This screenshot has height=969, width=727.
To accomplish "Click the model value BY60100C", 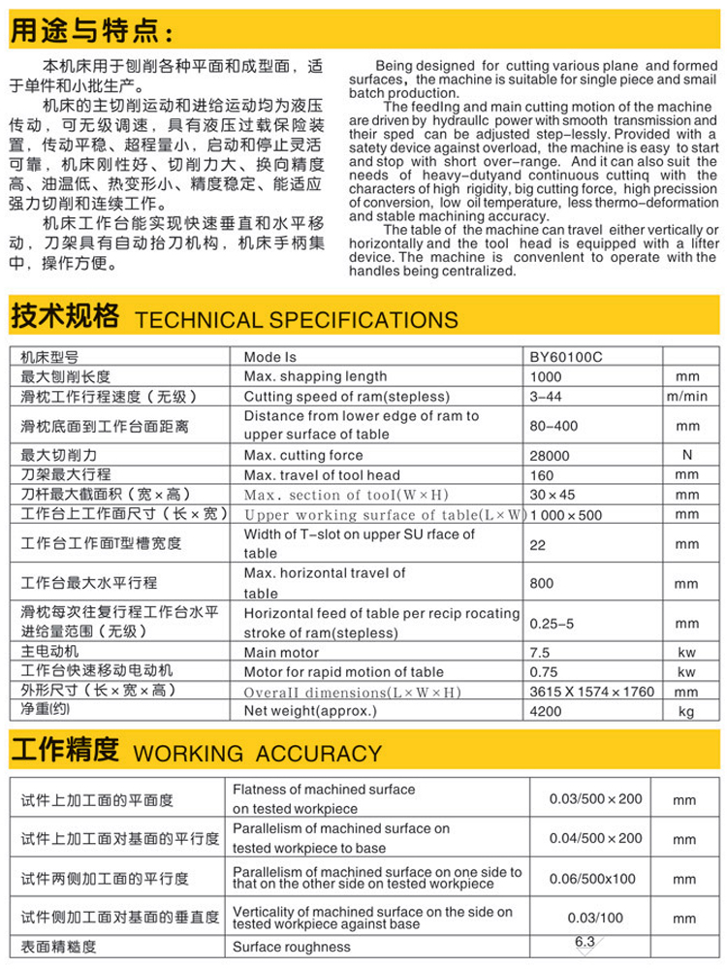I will click(566, 356).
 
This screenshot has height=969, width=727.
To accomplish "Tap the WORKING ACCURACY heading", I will click(257, 753).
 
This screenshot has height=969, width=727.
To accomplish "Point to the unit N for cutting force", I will click(687, 454).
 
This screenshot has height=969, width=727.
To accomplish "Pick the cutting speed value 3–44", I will click(546, 397).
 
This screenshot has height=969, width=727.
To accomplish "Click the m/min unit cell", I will click(687, 397).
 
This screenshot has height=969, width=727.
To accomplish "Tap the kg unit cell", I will click(687, 711).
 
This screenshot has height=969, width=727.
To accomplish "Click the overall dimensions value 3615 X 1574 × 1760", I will click(585, 692).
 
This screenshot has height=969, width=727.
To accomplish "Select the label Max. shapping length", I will click(315, 376).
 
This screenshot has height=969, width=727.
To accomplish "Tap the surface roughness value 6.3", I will click(585, 941).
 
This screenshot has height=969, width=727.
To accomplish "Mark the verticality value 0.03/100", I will click(596, 918).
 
